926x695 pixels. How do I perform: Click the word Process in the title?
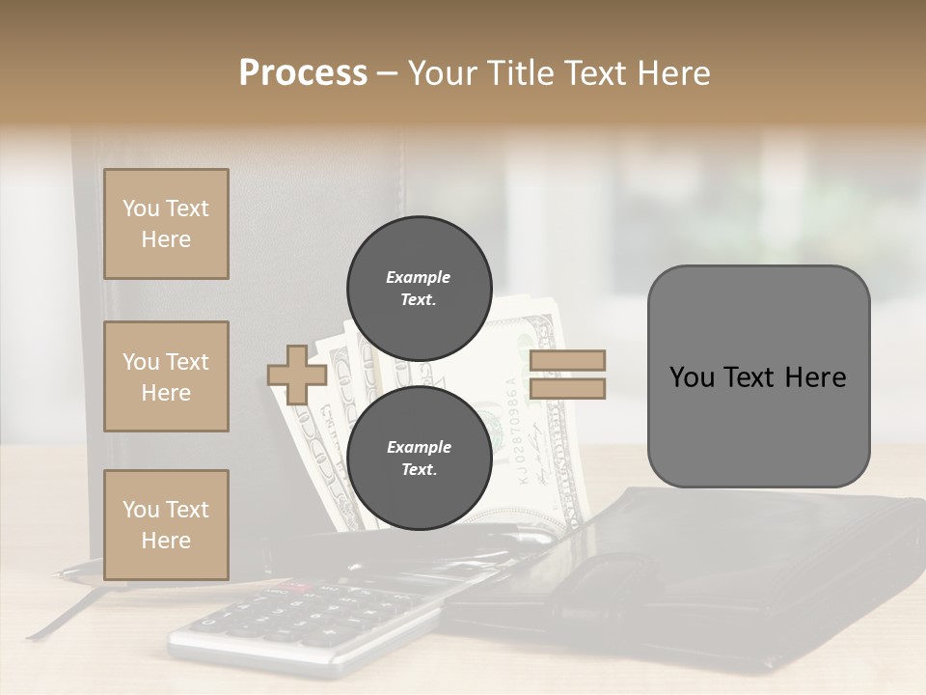pyautogui.click(x=303, y=73)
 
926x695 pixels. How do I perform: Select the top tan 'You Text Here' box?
pyautogui.click(x=166, y=224)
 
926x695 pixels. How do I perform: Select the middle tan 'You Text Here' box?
pyautogui.click(x=166, y=376)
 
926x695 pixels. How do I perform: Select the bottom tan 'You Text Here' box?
pyautogui.click(x=166, y=524)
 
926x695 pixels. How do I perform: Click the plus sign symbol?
pyautogui.click(x=297, y=375)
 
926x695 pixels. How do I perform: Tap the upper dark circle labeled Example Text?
pyautogui.click(x=418, y=288)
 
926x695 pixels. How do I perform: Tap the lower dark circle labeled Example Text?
pyautogui.click(x=418, y=459)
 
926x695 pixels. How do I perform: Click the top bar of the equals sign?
pyautogui.click(x=567, y=361)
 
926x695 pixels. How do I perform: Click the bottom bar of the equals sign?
pyautogui.click(x=567, y=388)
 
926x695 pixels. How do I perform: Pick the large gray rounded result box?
pyautogui.click(x=758, y=376)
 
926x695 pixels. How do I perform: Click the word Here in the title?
pyautogui.click(x=671, y=73)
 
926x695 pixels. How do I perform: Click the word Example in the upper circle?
pyautogui.click(x=418, y=277)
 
